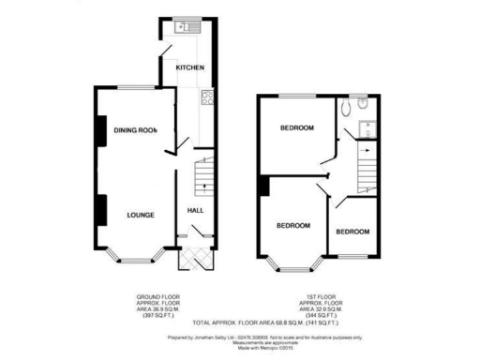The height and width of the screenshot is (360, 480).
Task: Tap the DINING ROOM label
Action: pos(135,130)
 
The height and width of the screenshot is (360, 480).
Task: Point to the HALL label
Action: pos(196,211)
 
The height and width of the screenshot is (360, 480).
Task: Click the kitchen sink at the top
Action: pos(181,26)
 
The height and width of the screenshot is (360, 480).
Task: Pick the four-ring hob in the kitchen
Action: pos(205,97)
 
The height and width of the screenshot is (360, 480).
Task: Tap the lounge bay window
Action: pos(130,254)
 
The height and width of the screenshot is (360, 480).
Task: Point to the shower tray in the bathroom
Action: pos(367,130)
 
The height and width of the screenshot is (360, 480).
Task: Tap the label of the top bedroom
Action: pos(297,127)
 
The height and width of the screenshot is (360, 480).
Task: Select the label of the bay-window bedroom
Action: pos(293,225)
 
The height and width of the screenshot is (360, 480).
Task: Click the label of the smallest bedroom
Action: pos(352,232)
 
